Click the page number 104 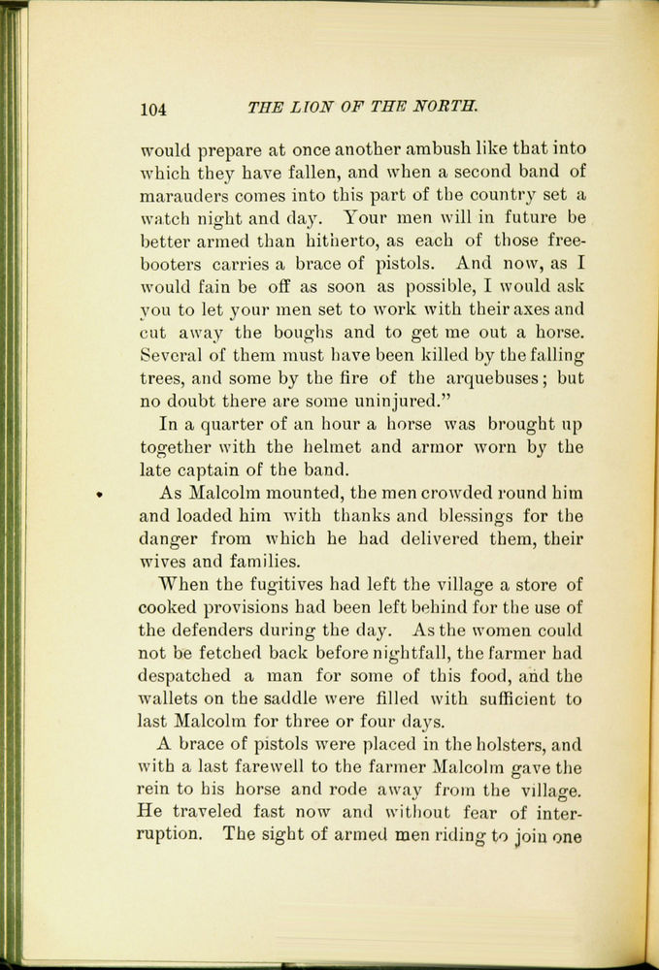(x=154, y=109)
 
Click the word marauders (x=185, y=194)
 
